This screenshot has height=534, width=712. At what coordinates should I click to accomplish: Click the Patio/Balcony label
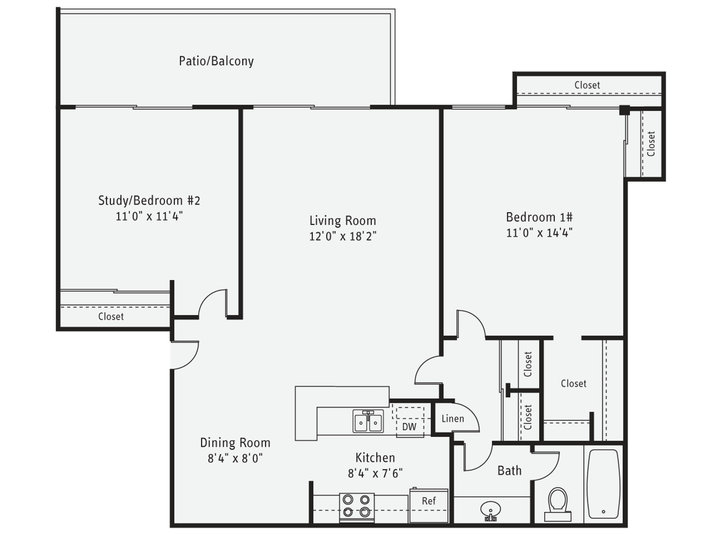[216, 61]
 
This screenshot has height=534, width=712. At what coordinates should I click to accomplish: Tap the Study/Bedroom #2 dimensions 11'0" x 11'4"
[149, 216]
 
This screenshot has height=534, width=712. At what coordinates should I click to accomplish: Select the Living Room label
[342, 221]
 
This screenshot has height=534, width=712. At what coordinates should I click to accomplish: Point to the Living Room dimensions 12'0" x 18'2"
[342, 236]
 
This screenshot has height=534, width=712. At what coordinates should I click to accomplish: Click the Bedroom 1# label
[539, 217]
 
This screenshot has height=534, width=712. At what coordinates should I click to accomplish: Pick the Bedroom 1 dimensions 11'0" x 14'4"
[539, 233]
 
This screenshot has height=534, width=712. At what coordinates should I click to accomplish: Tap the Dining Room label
[235, 443]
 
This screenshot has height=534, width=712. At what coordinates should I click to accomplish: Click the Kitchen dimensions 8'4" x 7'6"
[375, 473]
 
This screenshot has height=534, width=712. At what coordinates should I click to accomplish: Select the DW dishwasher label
[409, 427]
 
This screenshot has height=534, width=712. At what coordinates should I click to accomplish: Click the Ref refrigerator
[429, 505]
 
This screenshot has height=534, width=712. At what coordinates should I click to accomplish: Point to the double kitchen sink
[368, 422]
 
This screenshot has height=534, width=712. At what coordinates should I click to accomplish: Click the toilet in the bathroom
[557, 504]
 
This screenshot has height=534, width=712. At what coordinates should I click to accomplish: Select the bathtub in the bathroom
[603, 484]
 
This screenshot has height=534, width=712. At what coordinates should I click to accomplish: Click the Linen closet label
[452, 419]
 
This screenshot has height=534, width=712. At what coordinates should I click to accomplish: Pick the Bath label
[509, 470]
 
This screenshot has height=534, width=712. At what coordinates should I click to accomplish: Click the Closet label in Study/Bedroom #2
[111, 317]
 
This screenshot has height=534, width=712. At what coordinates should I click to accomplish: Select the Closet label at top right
[587, 85]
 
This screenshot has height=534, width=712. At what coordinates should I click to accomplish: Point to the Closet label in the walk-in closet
[573, 384]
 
